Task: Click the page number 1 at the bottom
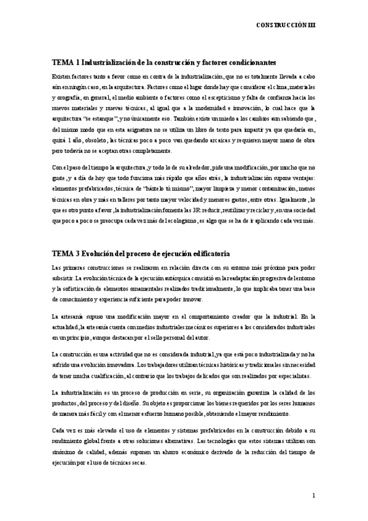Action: pyautogui.click(x=313, y=495)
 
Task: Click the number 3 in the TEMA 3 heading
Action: pyautogui.click(x=77, y=253)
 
